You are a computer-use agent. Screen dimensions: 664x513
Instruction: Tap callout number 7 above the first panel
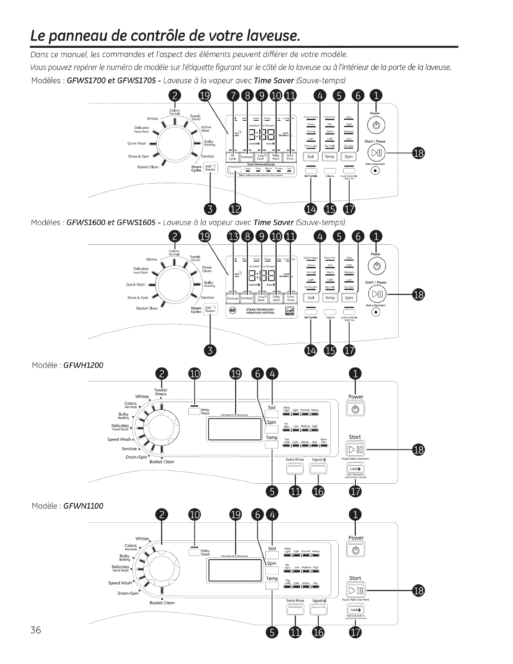(x=232, y=96)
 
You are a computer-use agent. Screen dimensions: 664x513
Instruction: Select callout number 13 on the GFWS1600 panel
(x=232, y=237)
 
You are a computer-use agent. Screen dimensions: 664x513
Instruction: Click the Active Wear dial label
(x=206, y=129)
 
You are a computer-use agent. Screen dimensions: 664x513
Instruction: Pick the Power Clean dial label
(x=207, y=269)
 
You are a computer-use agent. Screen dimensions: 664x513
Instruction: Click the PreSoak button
(x=233, y=298)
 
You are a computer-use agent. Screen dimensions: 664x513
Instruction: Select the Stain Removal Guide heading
(x=260, y=164)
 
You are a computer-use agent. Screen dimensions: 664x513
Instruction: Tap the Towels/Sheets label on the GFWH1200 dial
(x=161, y=392)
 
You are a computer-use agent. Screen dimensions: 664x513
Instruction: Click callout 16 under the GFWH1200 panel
(x=318, y=491)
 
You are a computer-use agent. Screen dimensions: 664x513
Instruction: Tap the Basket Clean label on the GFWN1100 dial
(x=162, y=603)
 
